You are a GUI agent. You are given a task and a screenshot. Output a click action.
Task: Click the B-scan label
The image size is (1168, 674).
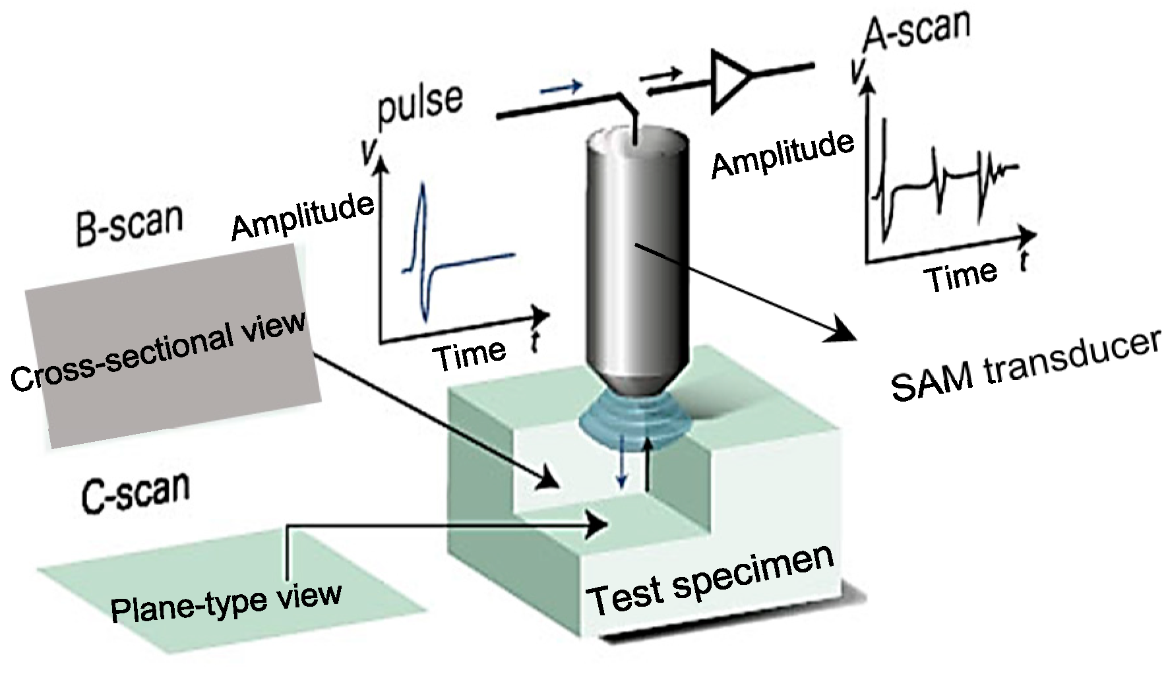[129, 224]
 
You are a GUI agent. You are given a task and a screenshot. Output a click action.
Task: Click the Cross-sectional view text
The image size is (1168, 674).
[159, 350]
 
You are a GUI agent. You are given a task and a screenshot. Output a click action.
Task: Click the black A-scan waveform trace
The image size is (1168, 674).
[937, 178]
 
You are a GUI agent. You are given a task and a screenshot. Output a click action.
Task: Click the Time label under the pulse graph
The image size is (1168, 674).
[469, 355]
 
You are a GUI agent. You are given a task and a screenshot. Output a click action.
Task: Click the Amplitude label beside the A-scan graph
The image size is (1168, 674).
[782, 154]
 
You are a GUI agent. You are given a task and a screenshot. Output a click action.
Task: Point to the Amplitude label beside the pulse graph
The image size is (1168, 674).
[303, 216]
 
